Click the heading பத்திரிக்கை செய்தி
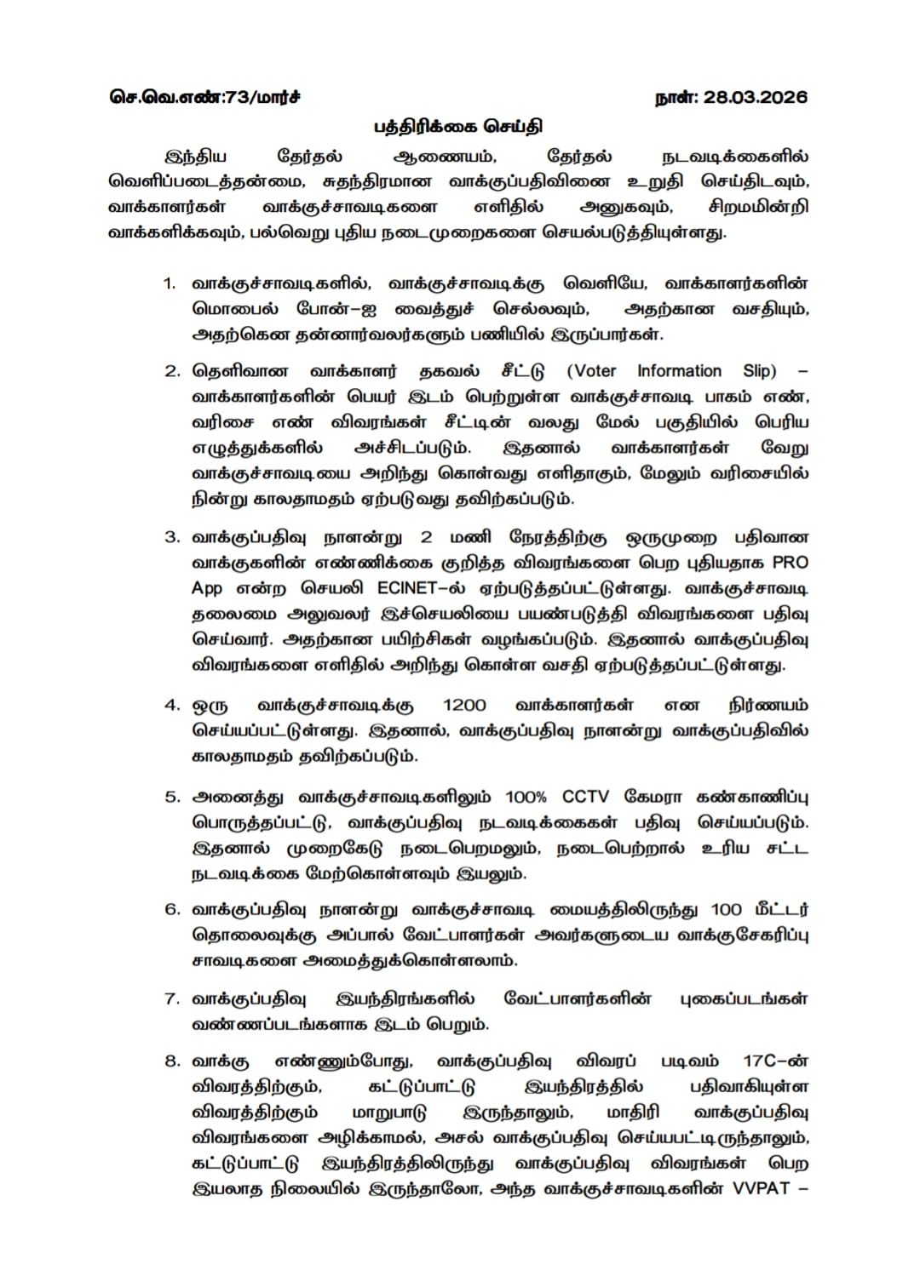tap(458, 128)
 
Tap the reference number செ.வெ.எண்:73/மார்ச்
tap(204, 97)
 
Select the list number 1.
tap(170, 283)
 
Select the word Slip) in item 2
tap(760, 371)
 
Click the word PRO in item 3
tap(790, 563)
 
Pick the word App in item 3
tap(207, 589)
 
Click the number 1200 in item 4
tap(464, 706)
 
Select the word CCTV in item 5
tap(585, 798)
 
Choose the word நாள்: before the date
tap(677, 97)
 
